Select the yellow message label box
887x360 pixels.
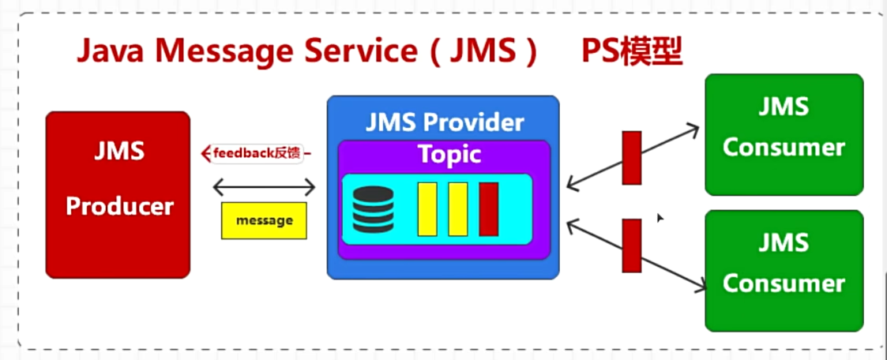point(264,221)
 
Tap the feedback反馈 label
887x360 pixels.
point(254,153)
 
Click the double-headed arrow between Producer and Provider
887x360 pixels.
point(264,188)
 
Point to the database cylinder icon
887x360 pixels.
point(373,209)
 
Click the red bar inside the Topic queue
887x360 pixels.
point(488,208)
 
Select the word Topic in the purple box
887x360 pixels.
point(449,154)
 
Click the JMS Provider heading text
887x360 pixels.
point(445,122)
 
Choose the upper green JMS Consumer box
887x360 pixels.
point(784,134)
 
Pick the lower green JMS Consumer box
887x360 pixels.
point(784,270)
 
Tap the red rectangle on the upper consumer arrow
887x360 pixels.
point(632,158)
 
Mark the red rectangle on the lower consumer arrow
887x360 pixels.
point(632,245)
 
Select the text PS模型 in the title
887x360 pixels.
point(632,52)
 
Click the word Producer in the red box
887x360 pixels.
point(119,206)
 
